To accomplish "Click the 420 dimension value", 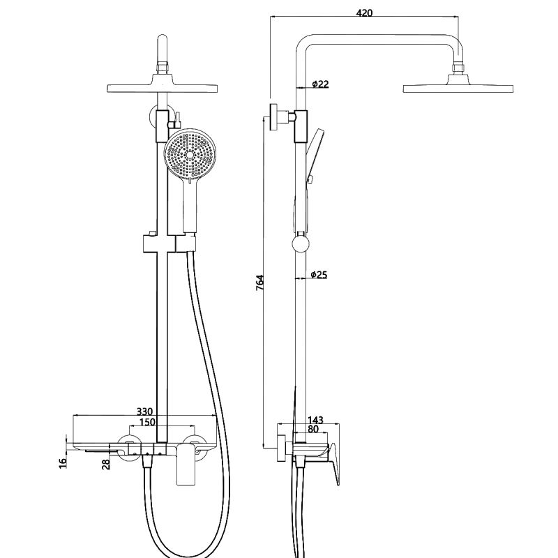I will click(364, 13).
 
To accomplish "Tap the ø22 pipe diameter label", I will click(320, 84).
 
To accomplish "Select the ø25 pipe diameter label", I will click(319, 275).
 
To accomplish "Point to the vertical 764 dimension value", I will click(259, 282).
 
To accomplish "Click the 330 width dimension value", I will click(144, 412).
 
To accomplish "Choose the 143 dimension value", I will click(316, 420).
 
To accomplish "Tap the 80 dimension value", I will click(313, 430).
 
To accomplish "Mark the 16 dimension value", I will click(62, 461).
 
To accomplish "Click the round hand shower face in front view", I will click(188, 155).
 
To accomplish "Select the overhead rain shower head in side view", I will click(458, 88).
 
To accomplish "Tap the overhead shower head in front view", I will click(162, 88).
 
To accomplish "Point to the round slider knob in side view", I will click(300, 244).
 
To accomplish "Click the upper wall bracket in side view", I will click(279, 116).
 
